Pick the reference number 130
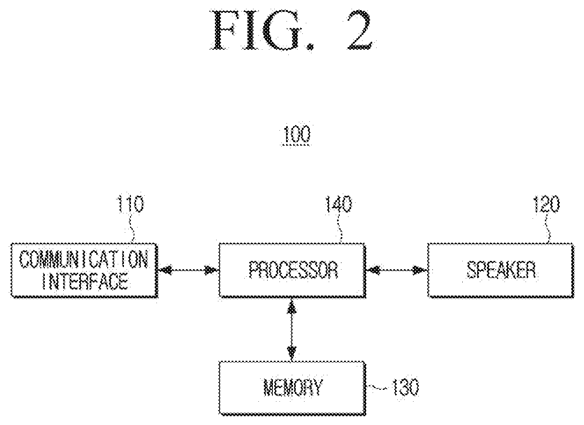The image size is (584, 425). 406,387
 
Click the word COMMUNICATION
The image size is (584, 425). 84,259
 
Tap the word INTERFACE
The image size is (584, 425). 85,281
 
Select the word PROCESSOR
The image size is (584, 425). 294,270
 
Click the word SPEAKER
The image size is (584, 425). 501,270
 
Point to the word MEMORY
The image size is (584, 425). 293,387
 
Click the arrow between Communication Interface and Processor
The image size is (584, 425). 188,270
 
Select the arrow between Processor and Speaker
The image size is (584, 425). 396,270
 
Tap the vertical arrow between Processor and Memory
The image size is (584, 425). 291,330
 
